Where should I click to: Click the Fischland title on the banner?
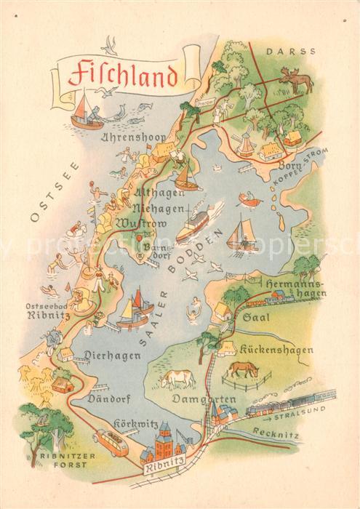click(122, 74)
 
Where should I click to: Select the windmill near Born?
click(245, 142)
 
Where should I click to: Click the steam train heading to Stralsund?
click(291, 404)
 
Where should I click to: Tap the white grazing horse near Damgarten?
click(177, 378)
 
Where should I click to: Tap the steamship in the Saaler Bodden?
click(194, 223)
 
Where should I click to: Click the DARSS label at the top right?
click(301, 52)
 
